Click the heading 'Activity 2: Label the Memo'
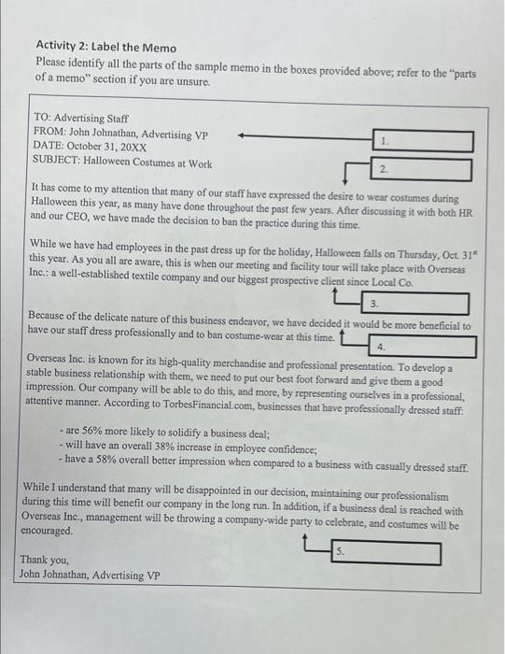[x=105, y=47]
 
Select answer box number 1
[x=426, y=142]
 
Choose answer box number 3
[x=414, y=304]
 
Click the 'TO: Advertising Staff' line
[x=81, y=119]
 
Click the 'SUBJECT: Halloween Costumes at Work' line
[x=122, y=163]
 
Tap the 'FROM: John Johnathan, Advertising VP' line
[x=120, y=134]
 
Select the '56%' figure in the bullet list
[x=96, y=434]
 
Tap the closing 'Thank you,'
[x=45, y=560]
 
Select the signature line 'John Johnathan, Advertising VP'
[x=89, y=575]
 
